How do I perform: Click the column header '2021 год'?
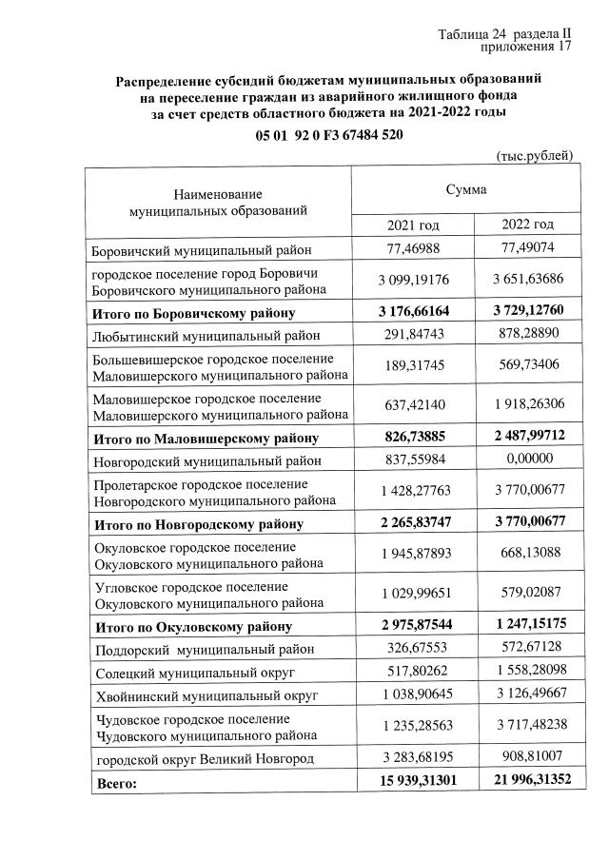[412, 225]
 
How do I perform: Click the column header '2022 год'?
[527, 225]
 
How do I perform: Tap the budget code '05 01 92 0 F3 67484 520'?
[329, 135]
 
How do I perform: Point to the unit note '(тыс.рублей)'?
[535, 155]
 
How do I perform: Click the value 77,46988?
[412, 249]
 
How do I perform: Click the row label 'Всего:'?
[115, 785]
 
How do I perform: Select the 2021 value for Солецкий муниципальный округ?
[412, 672]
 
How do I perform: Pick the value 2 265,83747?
[412, 523]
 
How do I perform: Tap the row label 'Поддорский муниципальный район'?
[203, 651]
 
